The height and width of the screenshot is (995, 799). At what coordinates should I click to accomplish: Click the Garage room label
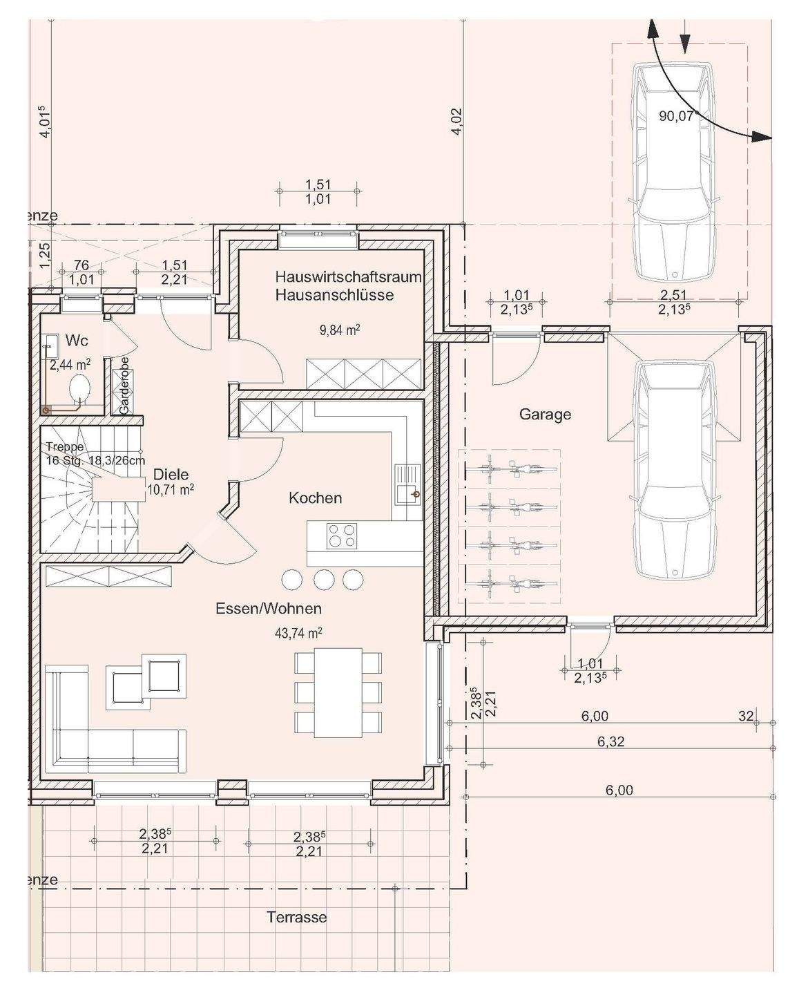(545, 415)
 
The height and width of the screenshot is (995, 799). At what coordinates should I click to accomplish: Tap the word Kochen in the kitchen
(315, 498)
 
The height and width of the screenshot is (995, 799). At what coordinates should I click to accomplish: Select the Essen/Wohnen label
(269, 609)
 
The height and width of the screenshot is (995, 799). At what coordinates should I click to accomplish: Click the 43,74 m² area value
(298, 633)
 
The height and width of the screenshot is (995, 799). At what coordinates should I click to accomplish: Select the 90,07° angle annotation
(677, 115)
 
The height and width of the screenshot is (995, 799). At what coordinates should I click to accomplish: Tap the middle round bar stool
(324, 579)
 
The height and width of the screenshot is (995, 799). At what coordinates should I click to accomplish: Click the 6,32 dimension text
(611, 741)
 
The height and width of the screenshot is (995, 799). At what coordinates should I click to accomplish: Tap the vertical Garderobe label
(124, 385)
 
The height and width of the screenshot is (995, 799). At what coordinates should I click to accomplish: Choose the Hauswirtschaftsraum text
(349, 277)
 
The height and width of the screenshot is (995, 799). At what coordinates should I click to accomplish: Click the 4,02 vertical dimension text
(456, 122)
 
